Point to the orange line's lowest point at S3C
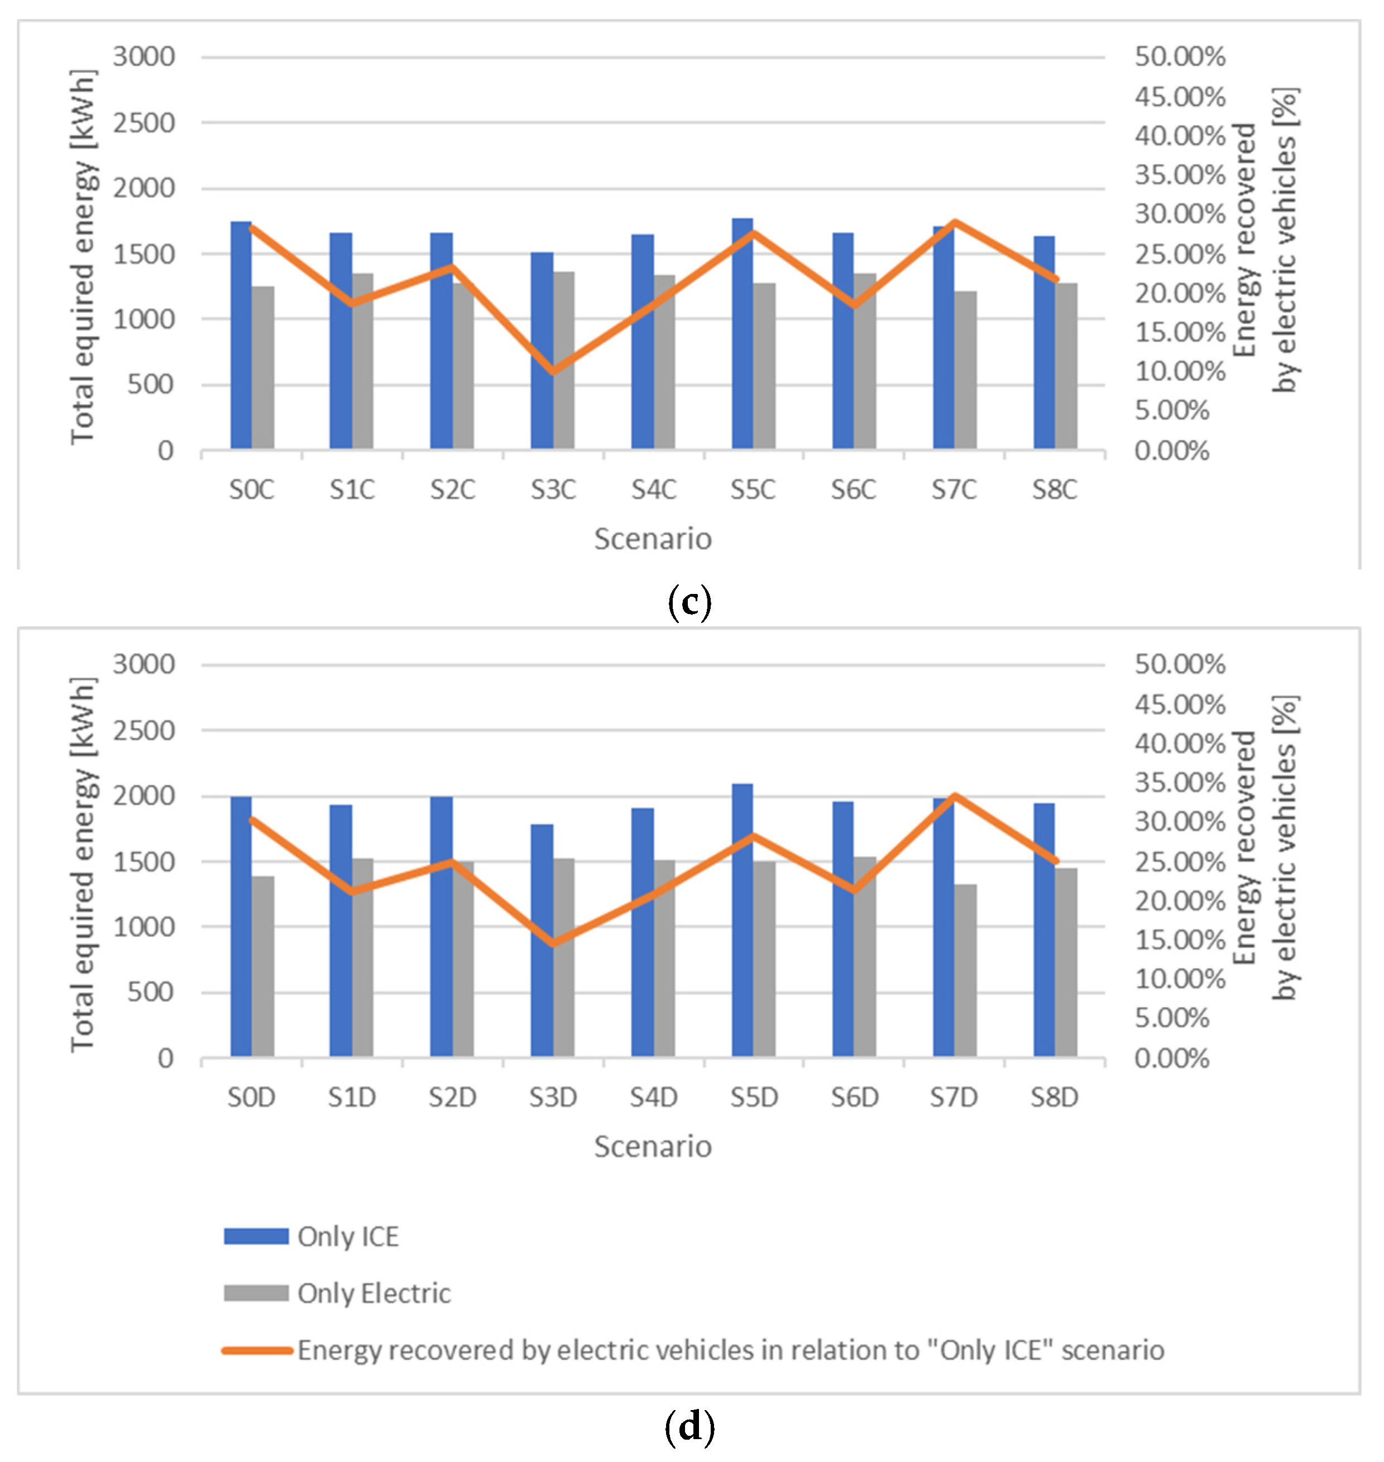(553, 372)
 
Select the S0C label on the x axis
(252, 490)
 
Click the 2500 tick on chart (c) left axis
(144, 122)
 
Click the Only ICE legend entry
(347, 1237)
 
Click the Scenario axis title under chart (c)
(653, 539)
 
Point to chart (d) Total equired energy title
(83, 865)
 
